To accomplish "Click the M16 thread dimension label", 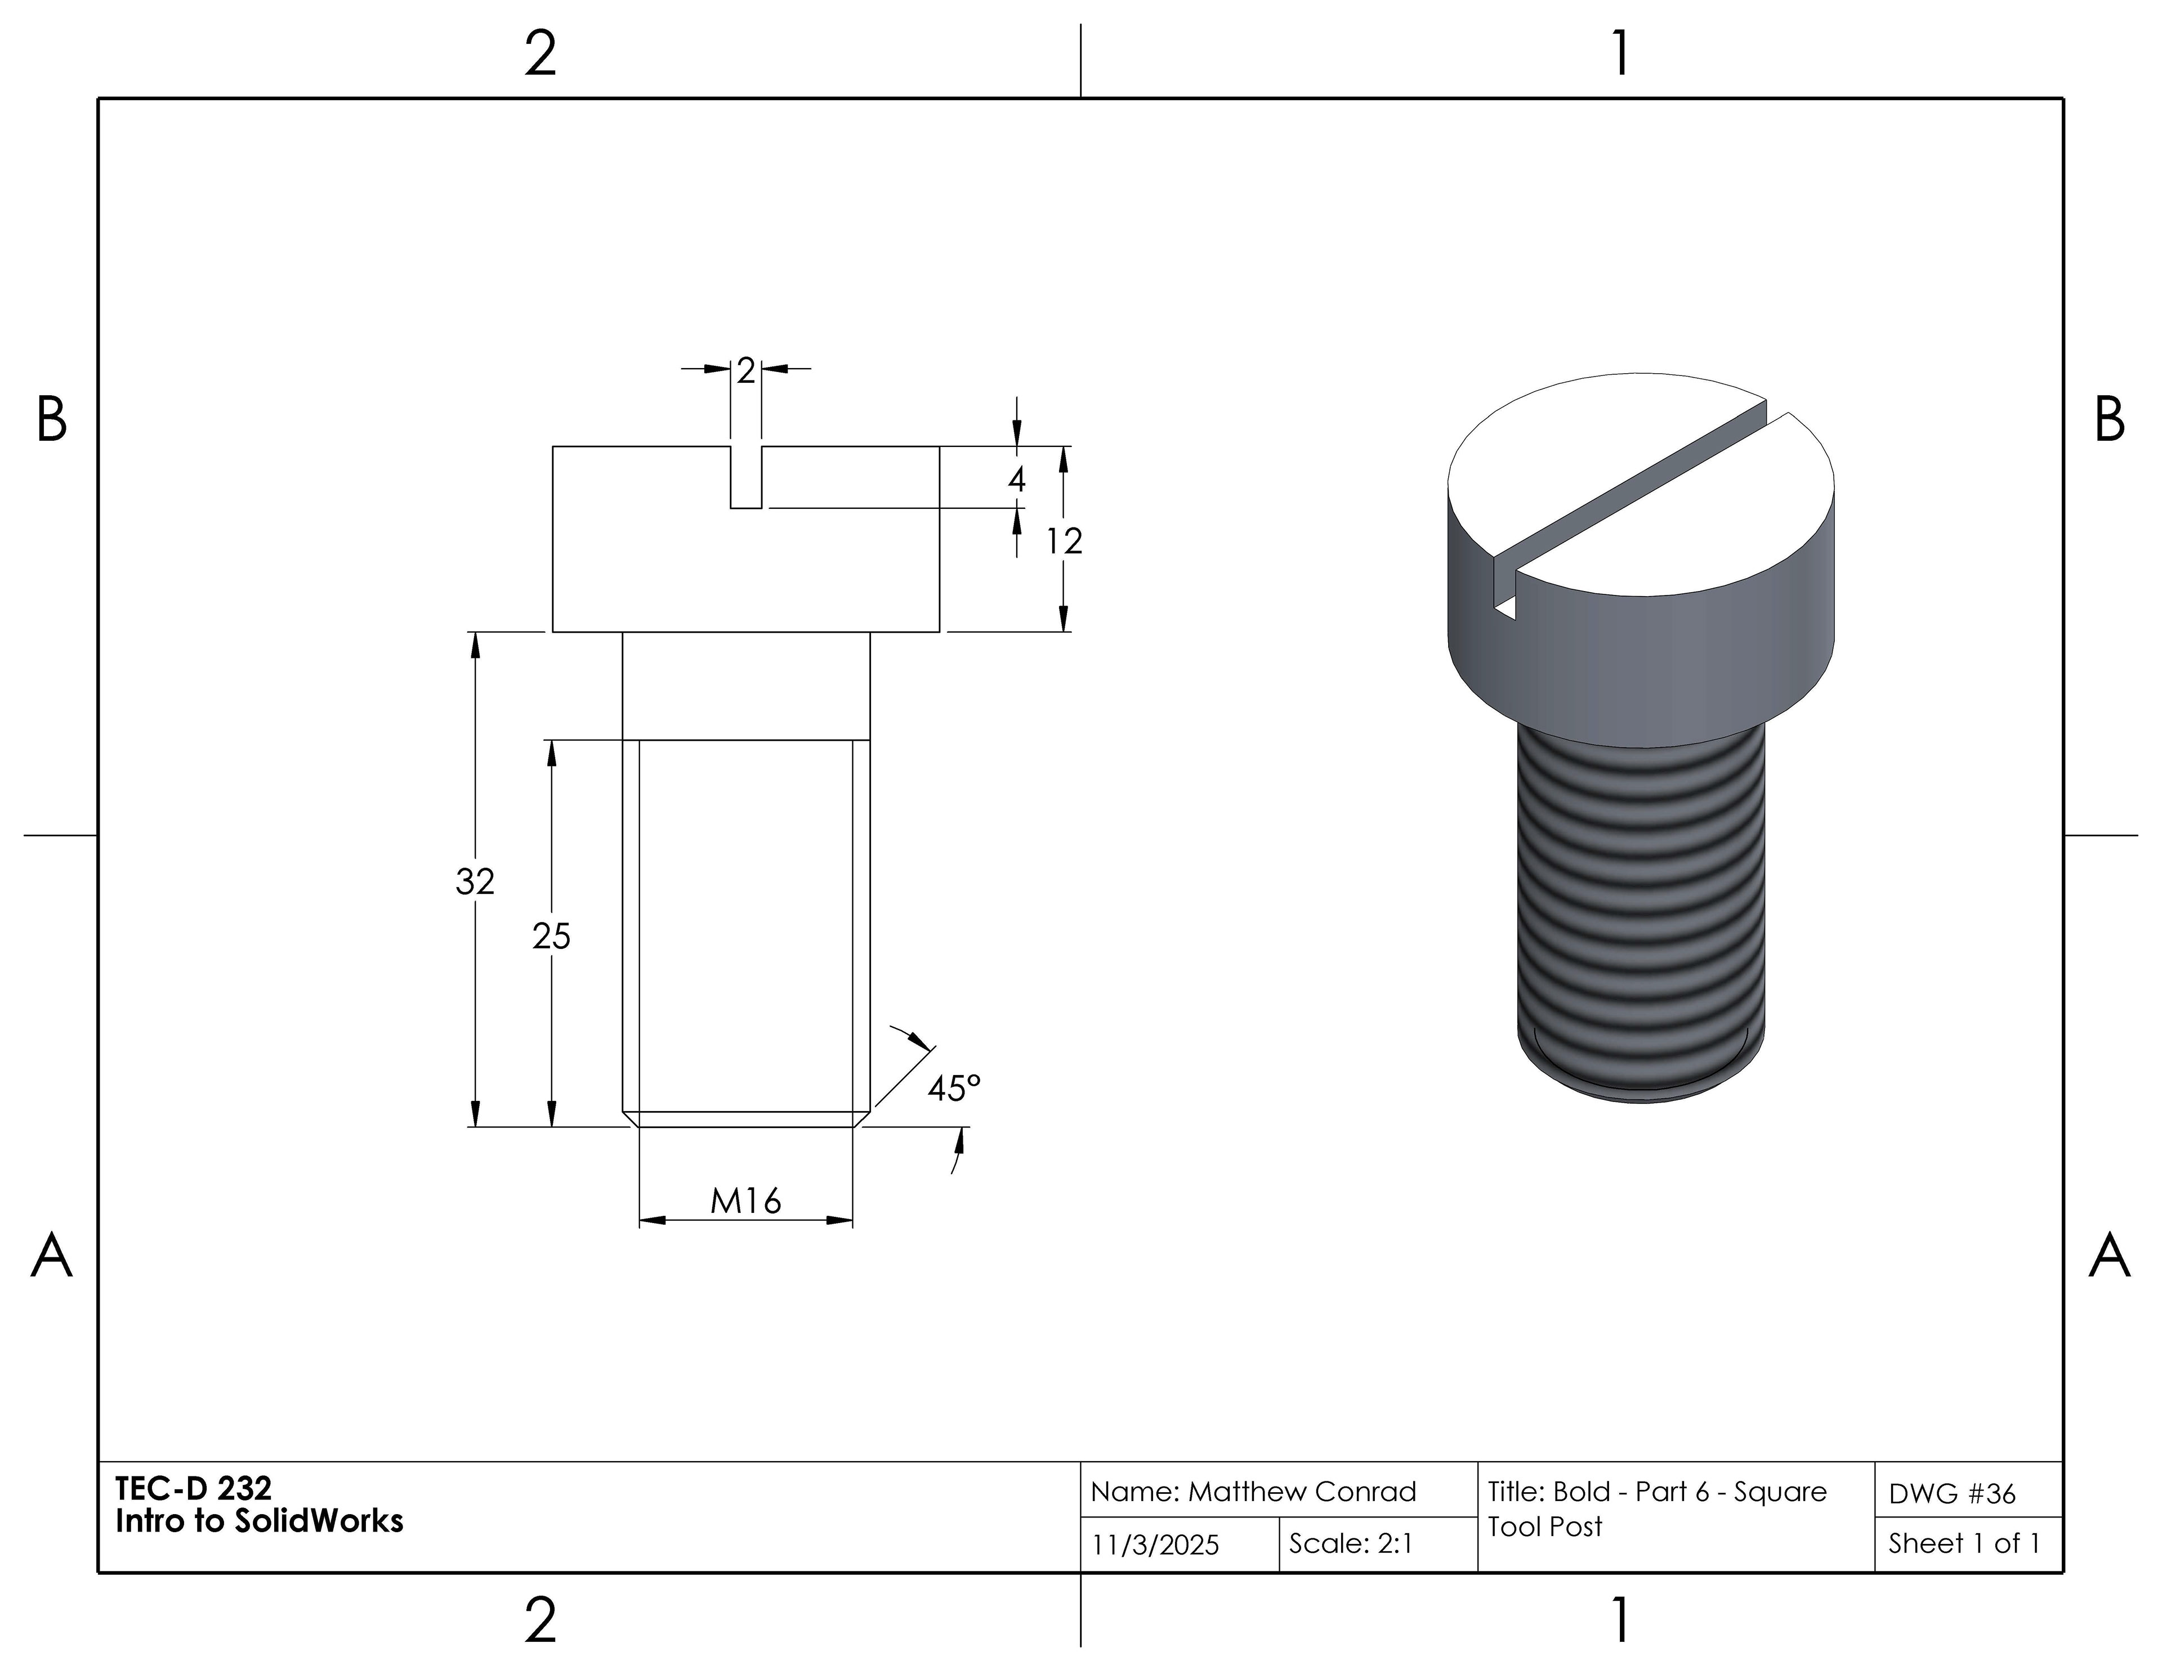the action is (x=745, y=1201).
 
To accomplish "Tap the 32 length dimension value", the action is (x=475, y=881).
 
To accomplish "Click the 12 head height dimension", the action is (x=1064, y=540).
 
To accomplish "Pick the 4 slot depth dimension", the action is (x=1017, y=480).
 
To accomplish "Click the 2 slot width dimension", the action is (x=745, y=370).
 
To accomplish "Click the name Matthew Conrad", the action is (x=1302, y=1492).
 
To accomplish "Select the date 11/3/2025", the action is (x=1155, y=1545).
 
